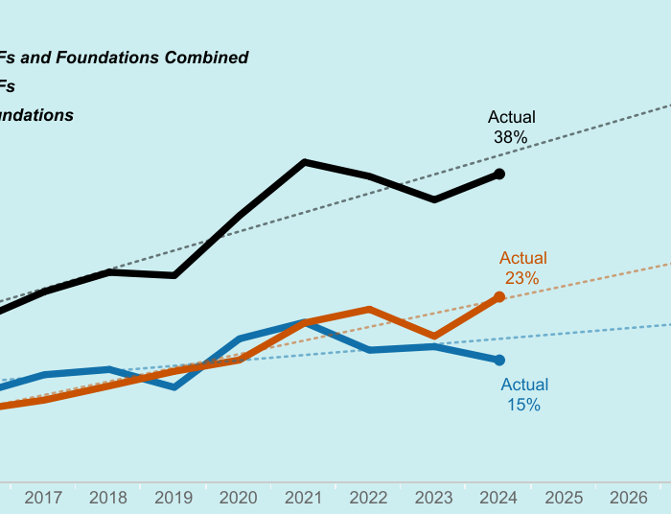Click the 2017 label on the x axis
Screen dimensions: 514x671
pos(43,498)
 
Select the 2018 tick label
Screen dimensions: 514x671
pos(108,498)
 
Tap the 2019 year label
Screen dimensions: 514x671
pos(174,498)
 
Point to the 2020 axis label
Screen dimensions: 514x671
pos(239,498)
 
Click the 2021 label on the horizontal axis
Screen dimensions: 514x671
pos(304,498)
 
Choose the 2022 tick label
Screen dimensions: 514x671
pos(369,498)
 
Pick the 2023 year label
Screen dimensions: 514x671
pos(434,498)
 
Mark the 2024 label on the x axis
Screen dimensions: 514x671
pos(499,498)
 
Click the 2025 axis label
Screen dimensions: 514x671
pos(564,498)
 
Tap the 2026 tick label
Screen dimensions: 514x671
pos(629,498)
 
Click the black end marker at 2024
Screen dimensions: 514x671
pos(499,174)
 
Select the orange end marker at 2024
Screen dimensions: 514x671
pos(499,296)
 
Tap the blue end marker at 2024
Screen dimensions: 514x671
pos(499,361)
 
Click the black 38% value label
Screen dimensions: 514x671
pos(511,137)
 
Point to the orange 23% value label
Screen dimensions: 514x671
pos(522,278)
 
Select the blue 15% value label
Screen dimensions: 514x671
pos(523,405)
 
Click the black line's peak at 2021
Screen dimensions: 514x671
pos(305,162)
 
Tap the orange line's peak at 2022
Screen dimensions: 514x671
pos(370,309)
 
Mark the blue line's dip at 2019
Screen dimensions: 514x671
pos(174,386)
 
